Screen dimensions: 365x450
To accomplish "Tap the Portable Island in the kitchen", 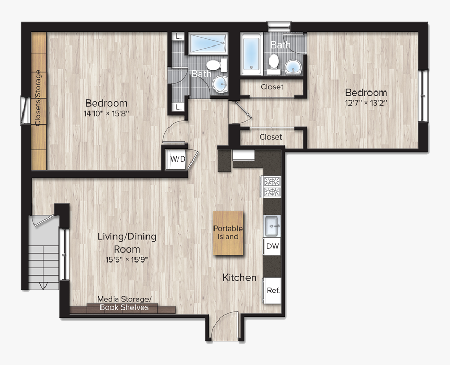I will (x=228, y=233).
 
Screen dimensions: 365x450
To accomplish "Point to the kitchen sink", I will (x=272, y=226).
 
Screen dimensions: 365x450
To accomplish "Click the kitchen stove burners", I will (x=272, y=187).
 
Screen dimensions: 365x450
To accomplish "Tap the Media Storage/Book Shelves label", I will (x=125, y=303).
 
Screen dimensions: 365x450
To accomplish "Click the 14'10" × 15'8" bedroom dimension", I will (x=106, y=112).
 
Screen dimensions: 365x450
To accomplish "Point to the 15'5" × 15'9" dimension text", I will (x=127, y=258).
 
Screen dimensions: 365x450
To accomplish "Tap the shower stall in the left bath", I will (x=207, y=44).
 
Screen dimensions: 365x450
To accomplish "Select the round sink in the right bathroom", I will (x=292, y=67).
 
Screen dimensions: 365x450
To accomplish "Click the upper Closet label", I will (x=272, y=87).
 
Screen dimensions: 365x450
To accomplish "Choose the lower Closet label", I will (x=271, y=137).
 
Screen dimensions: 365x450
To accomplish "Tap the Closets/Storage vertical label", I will (x=38, y=98).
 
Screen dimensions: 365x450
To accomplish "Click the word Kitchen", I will (x=240, y=277).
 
